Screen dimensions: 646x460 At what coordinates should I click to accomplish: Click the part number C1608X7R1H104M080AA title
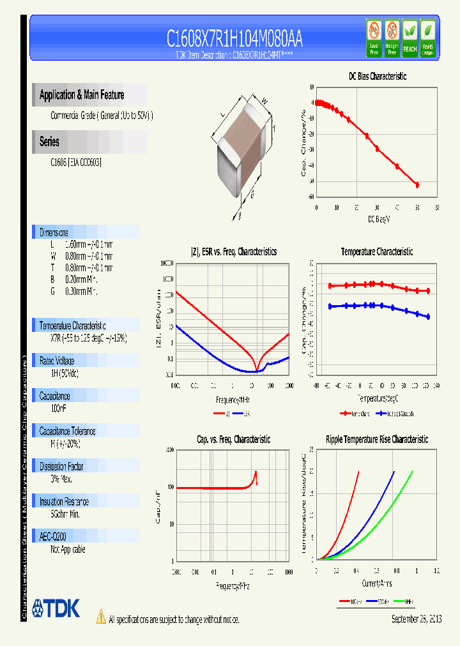click(234, 39)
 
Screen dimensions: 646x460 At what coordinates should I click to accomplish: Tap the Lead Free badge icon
click(374, 38)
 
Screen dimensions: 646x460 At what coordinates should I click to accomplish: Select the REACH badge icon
click(410, 38)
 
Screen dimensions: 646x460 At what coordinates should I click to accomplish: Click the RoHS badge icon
click(427, 38)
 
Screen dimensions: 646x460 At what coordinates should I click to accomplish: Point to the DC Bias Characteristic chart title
click(377, 76)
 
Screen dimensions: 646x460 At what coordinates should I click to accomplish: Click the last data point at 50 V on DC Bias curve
click(417, 185)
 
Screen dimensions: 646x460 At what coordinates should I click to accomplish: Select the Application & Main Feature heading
click(82, 95)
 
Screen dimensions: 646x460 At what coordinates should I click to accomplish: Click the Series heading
click(49, 142)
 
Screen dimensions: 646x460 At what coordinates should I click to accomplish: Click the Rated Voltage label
click(57, 361)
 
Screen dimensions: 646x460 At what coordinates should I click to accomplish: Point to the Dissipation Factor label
click(61, 467)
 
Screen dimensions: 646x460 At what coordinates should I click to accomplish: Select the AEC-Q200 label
click(54, 537)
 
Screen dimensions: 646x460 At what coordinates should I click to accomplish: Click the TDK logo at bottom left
click(56, 608)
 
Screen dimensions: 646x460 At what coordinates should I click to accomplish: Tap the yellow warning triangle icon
click(100, 617)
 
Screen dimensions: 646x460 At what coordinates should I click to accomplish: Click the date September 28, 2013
click(416, 619)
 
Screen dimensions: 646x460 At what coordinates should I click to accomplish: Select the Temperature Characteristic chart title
click(376, 252)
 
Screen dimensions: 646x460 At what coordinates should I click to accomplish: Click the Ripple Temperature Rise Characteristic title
click(376, 439)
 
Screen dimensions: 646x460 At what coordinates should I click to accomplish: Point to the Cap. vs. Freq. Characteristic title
click(233, 439)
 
